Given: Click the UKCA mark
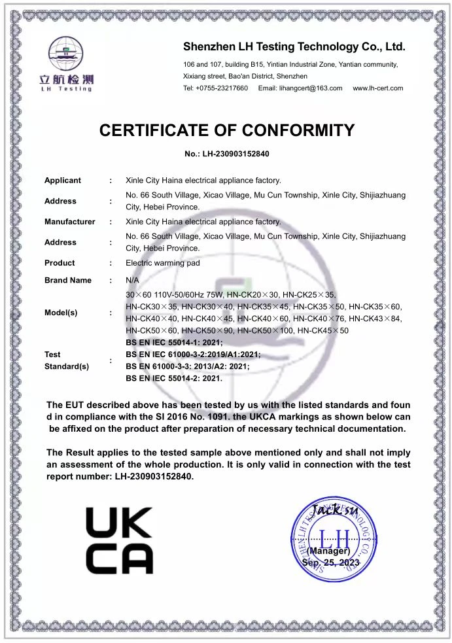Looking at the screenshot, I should (119, 541).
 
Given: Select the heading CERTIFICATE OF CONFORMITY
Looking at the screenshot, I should (226, 130).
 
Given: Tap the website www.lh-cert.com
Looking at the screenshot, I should (377, 88).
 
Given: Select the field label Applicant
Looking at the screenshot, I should (63, 181).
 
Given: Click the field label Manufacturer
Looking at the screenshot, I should (69, 222).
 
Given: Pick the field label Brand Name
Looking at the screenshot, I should (68, 280).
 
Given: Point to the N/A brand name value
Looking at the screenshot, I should (131, 280).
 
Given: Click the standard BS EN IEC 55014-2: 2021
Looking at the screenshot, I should (174, 378).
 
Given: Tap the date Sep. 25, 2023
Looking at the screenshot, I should (331, 563).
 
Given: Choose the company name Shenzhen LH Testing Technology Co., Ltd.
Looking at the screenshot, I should (294, 47).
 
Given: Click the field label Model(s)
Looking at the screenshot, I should (61, 313).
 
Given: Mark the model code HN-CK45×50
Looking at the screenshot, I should (323, 331).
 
